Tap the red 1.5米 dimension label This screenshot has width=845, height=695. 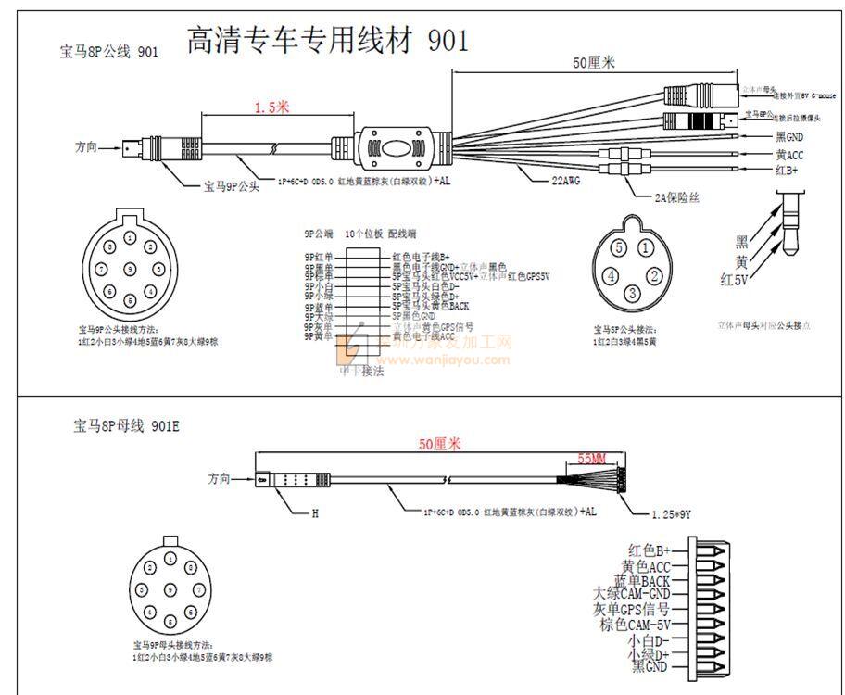[271, 107]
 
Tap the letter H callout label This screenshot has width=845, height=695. [314, 512]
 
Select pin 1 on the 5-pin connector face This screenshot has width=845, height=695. [644, 248]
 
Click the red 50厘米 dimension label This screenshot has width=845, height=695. [438, 445]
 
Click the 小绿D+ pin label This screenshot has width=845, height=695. [649, 654]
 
